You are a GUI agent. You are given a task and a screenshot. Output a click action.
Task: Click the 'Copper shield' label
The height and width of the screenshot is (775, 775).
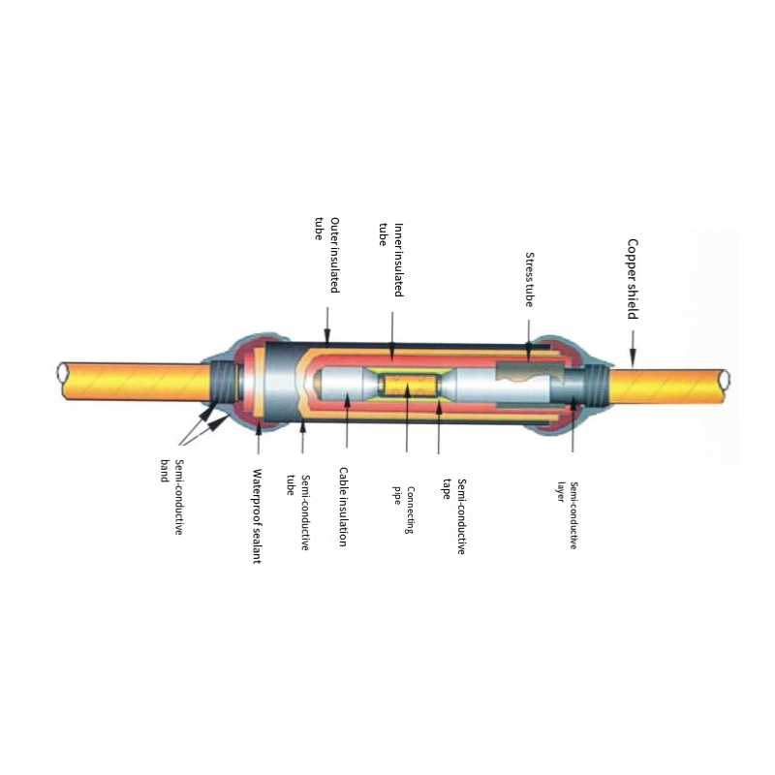click(633, 279)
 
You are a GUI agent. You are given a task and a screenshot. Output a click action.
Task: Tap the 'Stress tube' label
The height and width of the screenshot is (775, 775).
click(529, 280)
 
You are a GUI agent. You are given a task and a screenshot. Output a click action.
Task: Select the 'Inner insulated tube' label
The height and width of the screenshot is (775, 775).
click(391, 260)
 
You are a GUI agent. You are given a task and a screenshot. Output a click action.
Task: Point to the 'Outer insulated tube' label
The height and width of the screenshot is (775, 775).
click(327, 255)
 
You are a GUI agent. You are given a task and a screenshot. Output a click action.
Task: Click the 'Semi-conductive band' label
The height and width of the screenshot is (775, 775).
click(172, 497)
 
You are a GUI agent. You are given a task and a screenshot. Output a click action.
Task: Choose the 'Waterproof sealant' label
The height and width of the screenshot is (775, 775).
click(257, 516)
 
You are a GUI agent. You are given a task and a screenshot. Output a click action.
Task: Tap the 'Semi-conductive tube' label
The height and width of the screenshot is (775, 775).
click(298, 513)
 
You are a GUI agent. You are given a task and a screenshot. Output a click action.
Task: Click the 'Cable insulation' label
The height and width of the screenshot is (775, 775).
click(343, 507)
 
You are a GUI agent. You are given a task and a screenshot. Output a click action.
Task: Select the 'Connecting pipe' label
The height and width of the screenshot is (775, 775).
click(403, 511)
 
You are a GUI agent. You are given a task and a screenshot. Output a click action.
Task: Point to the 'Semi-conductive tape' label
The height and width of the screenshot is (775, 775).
click(454, 516)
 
